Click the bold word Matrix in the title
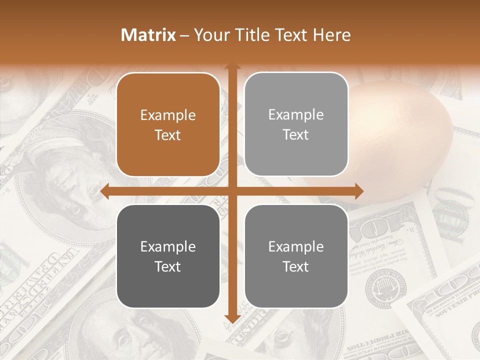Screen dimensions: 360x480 148,35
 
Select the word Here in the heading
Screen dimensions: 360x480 331,35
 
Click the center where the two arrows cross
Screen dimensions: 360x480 232,191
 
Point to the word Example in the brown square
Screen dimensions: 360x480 168,115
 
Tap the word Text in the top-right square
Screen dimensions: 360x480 296,134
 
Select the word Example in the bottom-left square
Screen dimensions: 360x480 168,246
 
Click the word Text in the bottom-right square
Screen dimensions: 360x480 296,266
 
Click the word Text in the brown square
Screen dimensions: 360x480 168,135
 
